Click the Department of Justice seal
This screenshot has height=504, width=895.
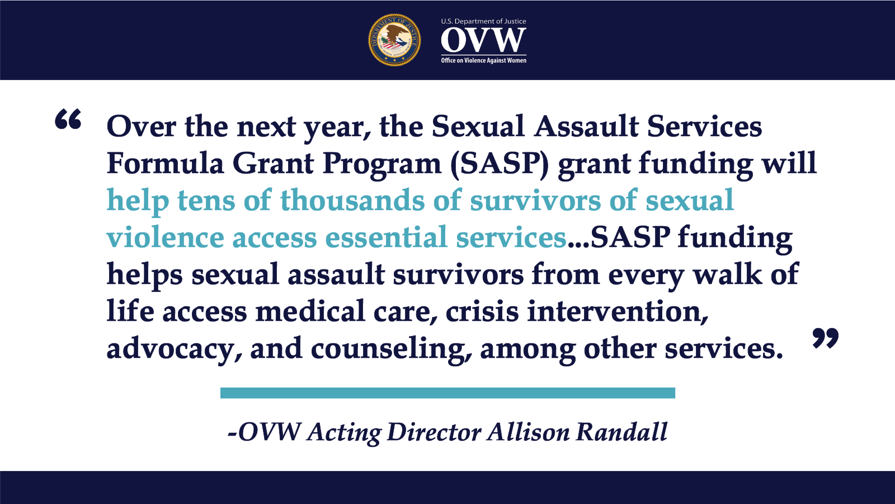tap(394, 40)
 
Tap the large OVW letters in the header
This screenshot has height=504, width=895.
tap(483, 40)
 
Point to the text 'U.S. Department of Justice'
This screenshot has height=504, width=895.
tap(483, 21)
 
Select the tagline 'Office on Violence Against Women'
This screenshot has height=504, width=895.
tap(483, 60)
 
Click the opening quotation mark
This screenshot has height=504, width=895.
tap(68, 119)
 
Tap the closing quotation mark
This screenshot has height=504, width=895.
tap(826, 338)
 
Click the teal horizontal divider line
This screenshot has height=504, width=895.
tap(447, 393)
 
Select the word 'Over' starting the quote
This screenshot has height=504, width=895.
tap(141, 127)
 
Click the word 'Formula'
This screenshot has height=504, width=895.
tap(165, 164)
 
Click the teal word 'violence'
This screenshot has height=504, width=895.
tap(165, 237)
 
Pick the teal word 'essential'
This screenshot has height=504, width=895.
tap(386, 237)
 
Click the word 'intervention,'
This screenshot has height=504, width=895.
tap(618, 312)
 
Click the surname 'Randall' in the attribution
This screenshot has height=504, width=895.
tap(621, 432)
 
